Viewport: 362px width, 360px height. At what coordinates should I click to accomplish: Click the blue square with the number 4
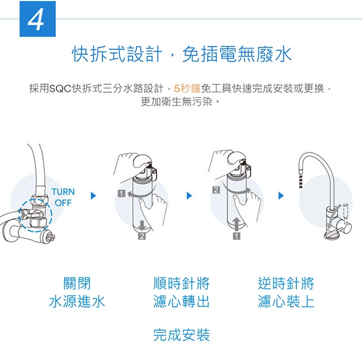[38, 19]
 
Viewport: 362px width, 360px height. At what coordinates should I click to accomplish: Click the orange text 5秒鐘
[187, 88]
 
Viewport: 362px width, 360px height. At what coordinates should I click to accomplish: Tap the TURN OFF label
[63, 197]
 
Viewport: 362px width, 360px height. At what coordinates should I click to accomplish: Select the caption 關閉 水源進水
[77, 292]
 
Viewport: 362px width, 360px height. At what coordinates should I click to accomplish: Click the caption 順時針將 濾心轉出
[182, 292]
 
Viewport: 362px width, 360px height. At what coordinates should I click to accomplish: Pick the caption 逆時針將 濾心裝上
[286, 292]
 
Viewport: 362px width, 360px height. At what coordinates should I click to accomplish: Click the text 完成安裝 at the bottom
[182, 335]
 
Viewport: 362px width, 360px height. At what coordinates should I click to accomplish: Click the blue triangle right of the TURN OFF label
[93, 196]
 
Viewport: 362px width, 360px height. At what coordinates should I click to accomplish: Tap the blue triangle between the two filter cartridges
[189, 196]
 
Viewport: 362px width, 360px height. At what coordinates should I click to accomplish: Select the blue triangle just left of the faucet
[281, 196]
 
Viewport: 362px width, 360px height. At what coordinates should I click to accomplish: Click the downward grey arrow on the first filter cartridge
[142, 225]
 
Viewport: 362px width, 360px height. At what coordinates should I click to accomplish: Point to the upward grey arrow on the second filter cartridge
[236, 224]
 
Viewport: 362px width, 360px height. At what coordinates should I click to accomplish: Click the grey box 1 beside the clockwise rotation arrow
[122, 193]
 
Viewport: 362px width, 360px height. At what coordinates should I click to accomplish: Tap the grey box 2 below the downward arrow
[142, 236]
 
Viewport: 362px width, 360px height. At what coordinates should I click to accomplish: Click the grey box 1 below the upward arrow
[236, 236]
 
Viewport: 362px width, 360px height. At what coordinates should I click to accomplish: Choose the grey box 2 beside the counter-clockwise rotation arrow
[216, 190]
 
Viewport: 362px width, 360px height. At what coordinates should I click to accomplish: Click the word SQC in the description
[61, 88]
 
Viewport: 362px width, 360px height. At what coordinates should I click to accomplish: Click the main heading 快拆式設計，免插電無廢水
[182, 54]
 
